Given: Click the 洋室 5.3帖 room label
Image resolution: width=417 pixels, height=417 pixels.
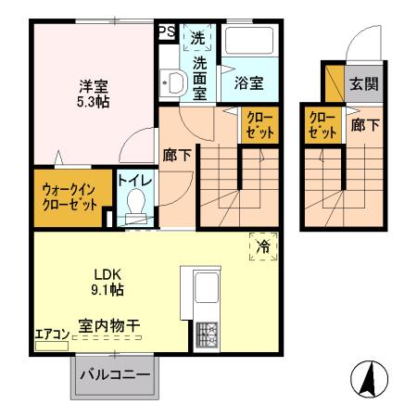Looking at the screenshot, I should pos(93,94).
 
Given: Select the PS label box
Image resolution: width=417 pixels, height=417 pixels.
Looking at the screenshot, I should pos(167,32).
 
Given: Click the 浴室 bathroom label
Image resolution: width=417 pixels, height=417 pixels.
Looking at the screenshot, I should pos(247,83).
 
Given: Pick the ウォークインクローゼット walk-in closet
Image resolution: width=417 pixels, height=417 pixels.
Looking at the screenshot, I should pos(69,197).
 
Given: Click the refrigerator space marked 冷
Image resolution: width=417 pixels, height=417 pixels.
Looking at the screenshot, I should pos(262,246).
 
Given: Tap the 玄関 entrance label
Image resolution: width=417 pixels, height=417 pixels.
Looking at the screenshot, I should pos(361,83).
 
